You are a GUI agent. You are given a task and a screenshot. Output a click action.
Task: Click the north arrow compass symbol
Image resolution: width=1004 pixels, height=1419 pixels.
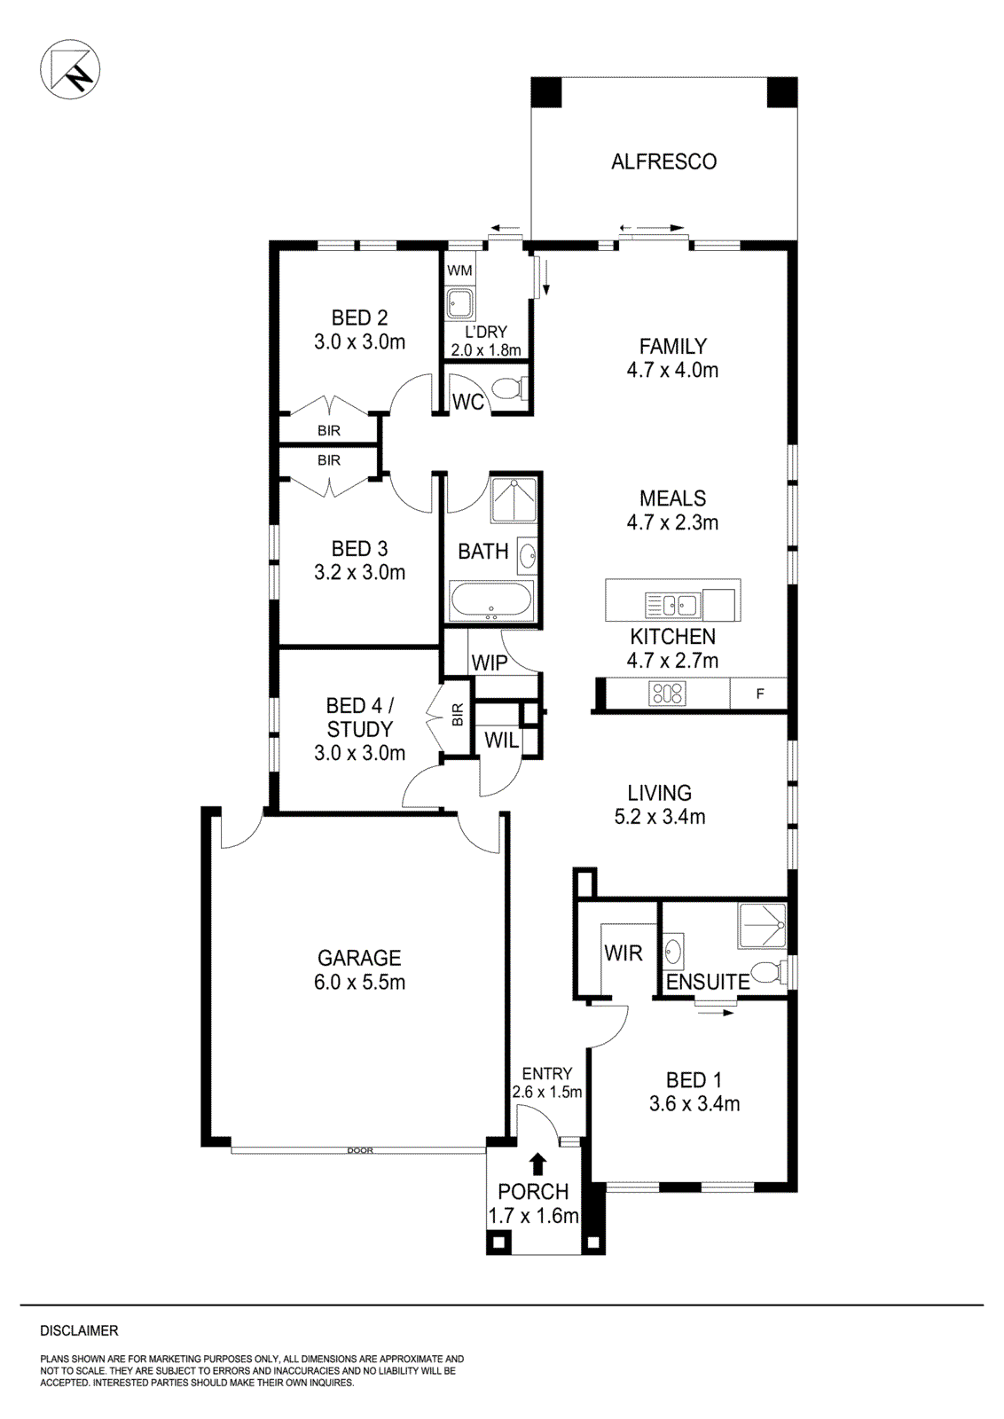click(70, 69)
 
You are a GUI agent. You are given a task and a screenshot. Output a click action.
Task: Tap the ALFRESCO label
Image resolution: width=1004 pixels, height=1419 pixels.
click(663, 161)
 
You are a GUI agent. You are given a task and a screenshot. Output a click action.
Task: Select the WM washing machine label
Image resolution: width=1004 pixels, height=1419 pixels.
click(459, 270)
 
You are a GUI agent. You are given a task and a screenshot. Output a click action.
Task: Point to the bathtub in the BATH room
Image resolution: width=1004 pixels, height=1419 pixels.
click(490, 602)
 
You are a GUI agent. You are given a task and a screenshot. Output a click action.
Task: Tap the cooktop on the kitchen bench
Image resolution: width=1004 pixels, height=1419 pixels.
click(667, 694)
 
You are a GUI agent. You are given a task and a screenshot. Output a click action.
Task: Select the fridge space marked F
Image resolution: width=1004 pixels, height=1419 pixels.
click(759, 694)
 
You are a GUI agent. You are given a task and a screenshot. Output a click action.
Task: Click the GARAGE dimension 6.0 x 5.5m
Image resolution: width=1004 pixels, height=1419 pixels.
click(359, 982)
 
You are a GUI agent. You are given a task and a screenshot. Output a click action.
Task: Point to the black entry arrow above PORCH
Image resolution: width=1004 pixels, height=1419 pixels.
click(537, 1164)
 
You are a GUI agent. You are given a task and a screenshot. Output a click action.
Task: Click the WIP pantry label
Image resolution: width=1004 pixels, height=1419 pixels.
click(490, 662)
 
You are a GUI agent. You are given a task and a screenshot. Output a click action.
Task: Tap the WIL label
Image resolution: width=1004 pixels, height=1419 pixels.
click(501, 741)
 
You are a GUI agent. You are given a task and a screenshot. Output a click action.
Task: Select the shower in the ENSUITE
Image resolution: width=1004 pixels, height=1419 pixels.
click(763, 926)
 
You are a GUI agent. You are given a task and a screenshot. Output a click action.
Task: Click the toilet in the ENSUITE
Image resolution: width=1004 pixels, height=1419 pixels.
click(767, 971)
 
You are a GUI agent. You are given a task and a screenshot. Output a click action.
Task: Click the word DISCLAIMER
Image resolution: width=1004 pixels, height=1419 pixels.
click(79, 1330)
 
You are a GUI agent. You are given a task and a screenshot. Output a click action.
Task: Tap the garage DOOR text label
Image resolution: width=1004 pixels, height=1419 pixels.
click(360, 1150)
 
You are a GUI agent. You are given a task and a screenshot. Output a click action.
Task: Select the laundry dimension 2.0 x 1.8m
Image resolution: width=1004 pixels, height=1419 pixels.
click(486, 349)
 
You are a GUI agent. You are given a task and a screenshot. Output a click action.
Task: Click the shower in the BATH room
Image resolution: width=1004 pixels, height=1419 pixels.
click(514, 499)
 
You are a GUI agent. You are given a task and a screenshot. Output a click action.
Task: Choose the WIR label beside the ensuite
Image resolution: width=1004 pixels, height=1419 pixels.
click(623, 953)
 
